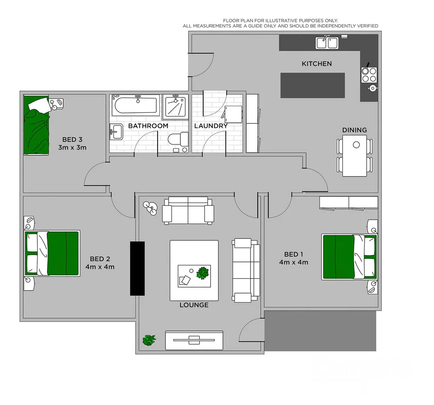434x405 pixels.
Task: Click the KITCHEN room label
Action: [316, 64]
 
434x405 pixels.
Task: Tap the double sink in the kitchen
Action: [327, 42]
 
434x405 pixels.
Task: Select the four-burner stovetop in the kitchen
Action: [369, 75]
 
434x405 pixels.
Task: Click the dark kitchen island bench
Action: [312, 85]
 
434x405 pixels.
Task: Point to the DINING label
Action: [354, 130]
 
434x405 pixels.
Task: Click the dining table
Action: [355, 156]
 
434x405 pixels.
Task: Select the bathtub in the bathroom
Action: [135, 106]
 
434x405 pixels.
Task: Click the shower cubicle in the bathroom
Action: [176, 106]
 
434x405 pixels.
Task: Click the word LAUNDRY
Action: [211, 126]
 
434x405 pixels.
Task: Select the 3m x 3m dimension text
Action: [72, 147]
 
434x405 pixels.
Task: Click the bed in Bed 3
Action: [36, 126]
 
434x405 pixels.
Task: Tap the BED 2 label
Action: [100, 259]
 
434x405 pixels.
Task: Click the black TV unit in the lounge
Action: [137, 268]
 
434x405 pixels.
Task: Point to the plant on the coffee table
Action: [202, 273]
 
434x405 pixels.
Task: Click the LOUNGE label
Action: [194, 305]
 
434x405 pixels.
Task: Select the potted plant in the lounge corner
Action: [149, 340]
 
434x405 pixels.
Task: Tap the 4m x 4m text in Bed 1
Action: [293, 262]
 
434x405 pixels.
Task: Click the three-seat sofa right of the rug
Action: [246, 270]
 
